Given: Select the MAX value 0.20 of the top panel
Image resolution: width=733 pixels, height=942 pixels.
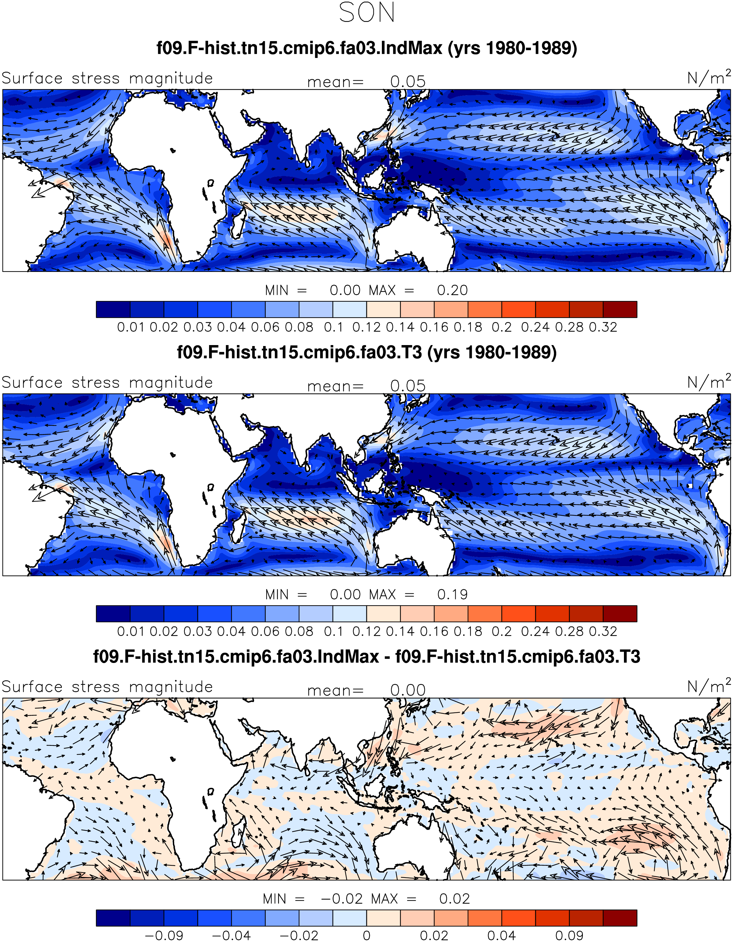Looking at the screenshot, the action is tap(452, 290).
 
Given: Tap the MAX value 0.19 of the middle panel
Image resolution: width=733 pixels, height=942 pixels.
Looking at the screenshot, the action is tap(452, 594).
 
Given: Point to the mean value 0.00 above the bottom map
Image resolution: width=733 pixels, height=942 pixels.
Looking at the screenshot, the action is tap(408, 690).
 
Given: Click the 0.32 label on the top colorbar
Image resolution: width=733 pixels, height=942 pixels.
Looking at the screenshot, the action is tap(603, 327).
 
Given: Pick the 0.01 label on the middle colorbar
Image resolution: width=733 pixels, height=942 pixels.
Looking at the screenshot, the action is tap(130, 632).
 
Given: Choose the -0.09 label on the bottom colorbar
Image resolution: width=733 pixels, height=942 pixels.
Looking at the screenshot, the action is tap(164, 936).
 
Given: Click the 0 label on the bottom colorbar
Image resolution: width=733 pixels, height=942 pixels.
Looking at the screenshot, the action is tap(366, 936).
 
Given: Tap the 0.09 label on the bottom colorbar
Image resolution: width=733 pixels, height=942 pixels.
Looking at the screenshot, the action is tap(569, 936).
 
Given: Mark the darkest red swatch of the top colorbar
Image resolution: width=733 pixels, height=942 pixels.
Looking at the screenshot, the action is tap(620, 309).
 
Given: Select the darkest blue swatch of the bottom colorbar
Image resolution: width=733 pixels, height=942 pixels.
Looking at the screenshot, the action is tap(113, 918).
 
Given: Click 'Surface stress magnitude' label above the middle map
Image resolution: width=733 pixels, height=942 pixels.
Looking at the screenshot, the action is tap(107, 383).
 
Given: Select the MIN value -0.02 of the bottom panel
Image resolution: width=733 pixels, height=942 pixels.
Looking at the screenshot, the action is tap(342, 899).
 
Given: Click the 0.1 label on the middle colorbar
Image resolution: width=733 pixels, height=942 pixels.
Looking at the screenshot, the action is tap(333, 632).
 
